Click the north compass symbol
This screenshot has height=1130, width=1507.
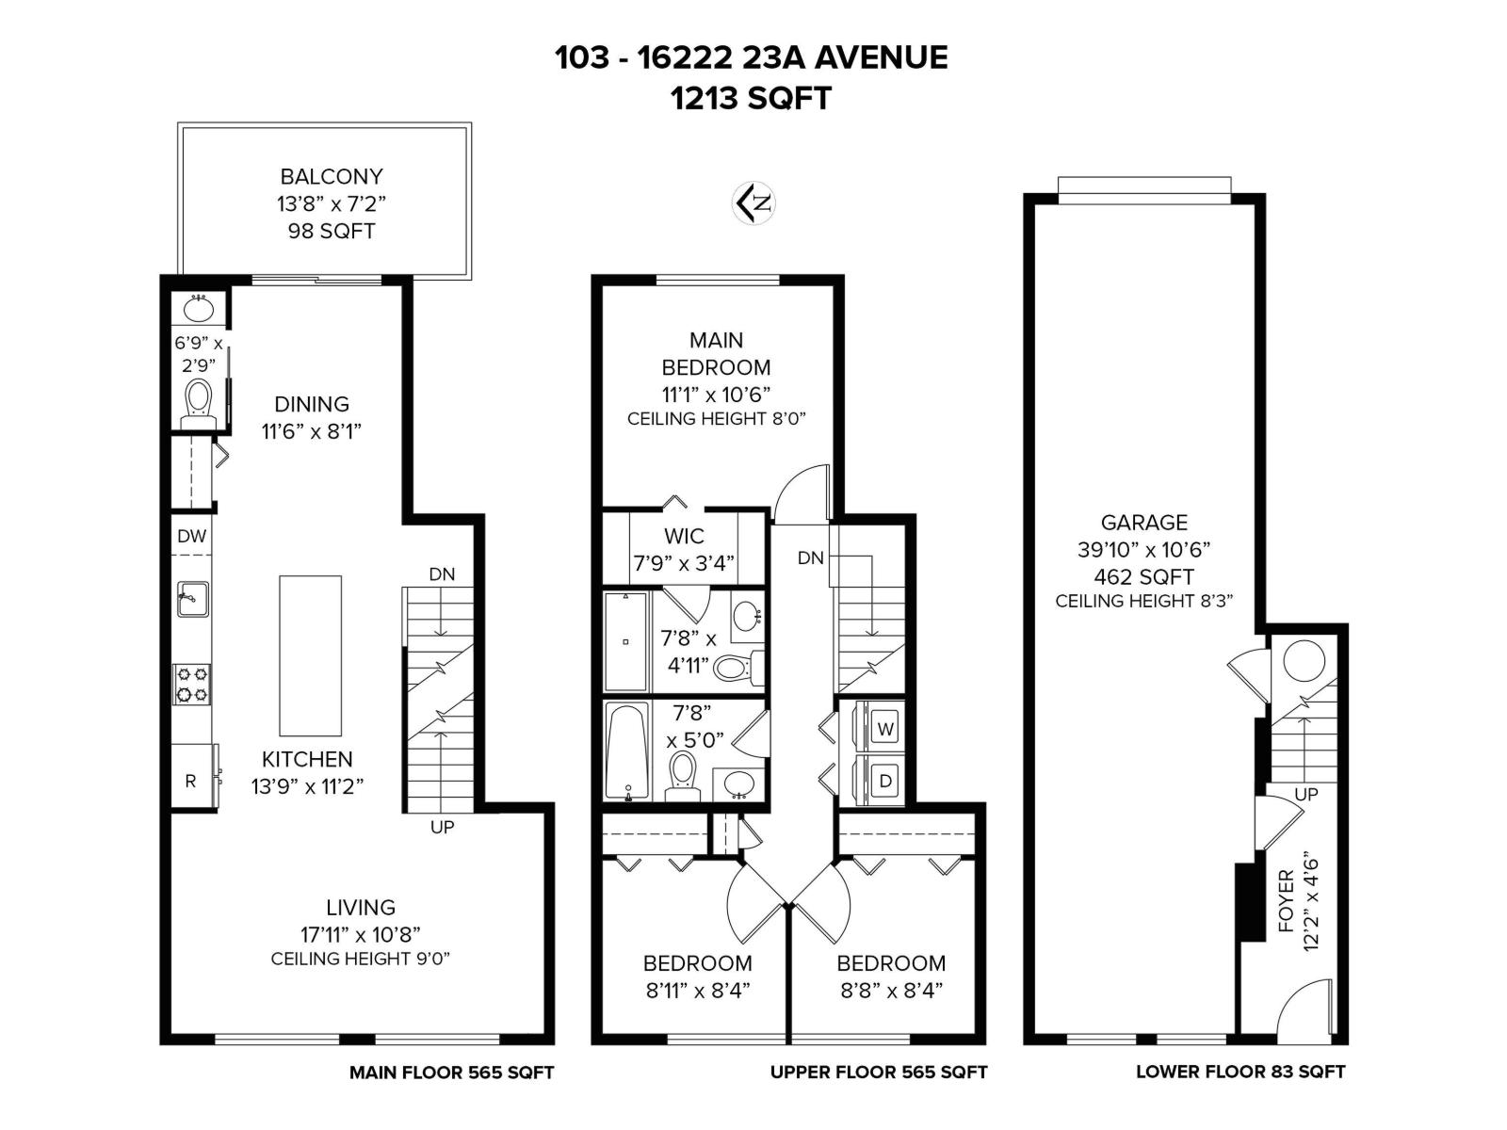753,202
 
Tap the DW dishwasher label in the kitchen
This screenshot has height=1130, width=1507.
191,537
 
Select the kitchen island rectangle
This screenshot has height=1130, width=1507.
310,655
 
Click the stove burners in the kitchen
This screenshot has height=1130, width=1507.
192,685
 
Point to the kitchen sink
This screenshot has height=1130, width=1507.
192,599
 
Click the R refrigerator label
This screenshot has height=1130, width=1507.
190,781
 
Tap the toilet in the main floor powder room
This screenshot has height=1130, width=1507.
199,399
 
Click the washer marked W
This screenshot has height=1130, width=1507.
883,728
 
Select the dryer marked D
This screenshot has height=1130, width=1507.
883,781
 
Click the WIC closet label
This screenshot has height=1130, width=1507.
683,537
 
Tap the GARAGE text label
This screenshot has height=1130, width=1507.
1143,523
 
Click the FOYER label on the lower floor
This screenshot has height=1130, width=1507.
1287,902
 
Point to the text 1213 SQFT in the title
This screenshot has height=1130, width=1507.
751,98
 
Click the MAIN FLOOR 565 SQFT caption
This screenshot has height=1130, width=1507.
451,1073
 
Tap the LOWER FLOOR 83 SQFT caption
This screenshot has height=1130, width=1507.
1240,1072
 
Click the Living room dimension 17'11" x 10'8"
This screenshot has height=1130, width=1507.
360,934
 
